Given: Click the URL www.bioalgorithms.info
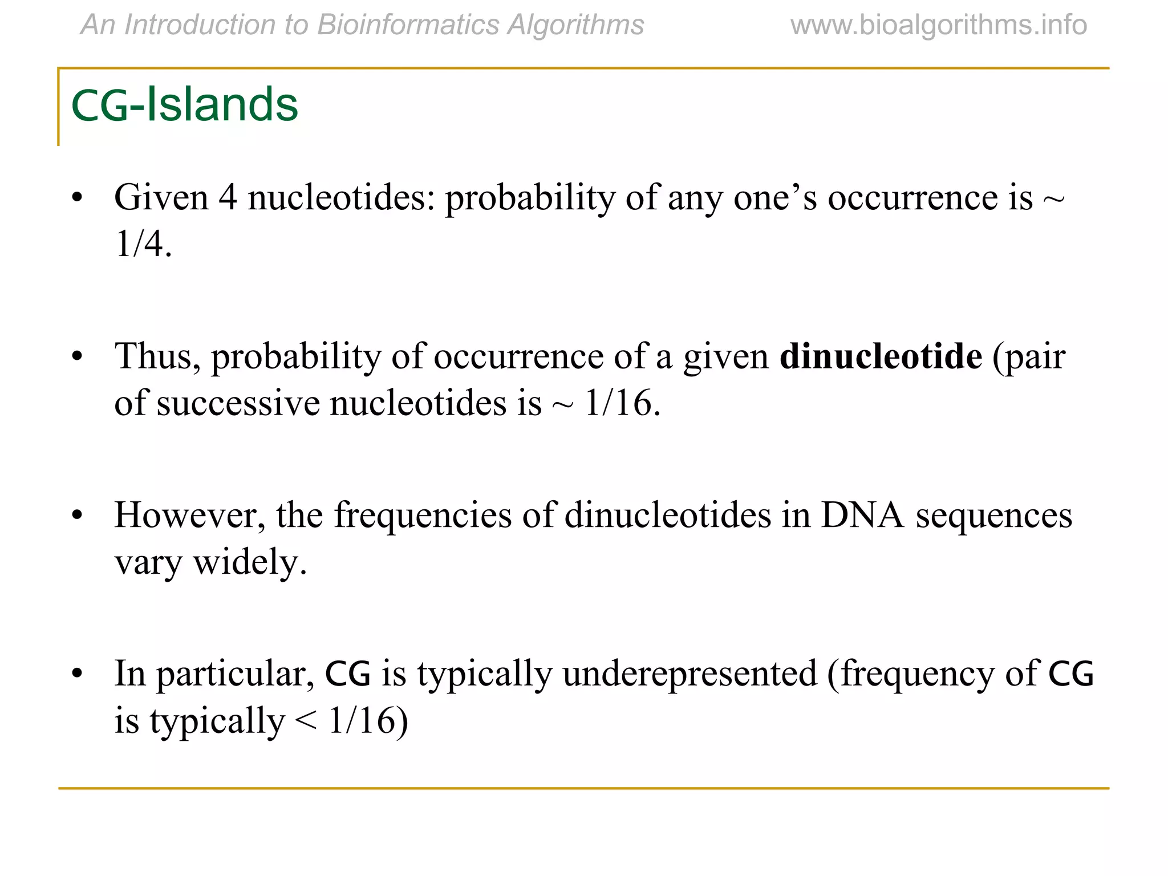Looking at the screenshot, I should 938,25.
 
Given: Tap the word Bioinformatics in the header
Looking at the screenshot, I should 408,25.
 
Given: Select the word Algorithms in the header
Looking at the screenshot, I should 575,25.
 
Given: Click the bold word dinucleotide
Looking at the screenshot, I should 881,356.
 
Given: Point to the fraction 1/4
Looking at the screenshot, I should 143,244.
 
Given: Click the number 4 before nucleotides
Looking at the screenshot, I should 228,198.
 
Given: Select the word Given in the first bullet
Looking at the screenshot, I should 161,198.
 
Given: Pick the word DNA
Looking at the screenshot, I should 862,516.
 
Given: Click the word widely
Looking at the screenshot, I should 250,562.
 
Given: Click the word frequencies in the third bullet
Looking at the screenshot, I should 423,516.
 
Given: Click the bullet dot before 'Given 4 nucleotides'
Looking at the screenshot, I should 78,198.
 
